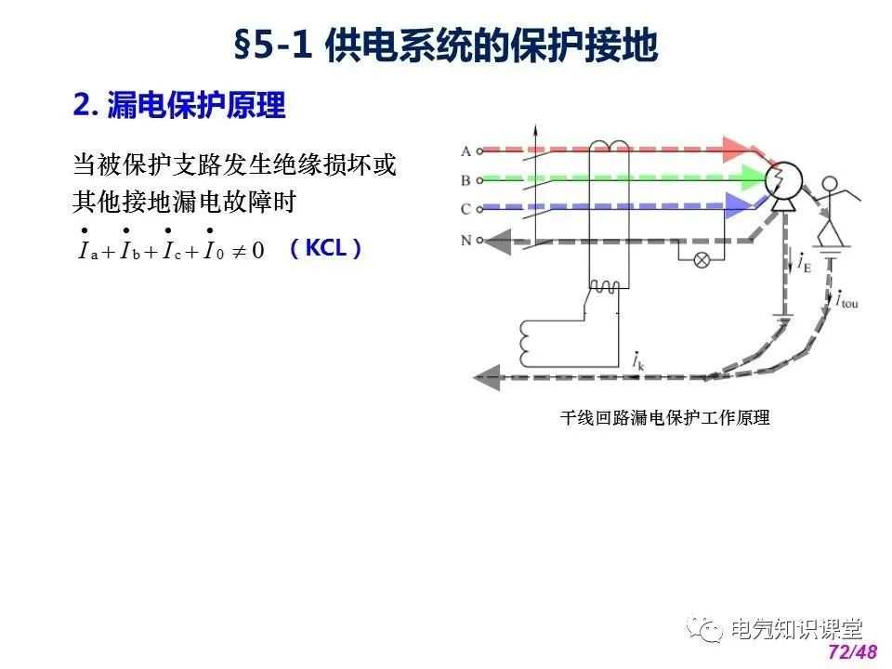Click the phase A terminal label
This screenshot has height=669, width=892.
pyautogui.click(x=466, y=151)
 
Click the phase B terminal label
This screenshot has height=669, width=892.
pyautogui.click(x=466, y=180)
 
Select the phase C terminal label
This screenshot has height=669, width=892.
pyautogui.click(x=466, y=209)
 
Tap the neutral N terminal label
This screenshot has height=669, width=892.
pyautogui.click(x=466, y=240)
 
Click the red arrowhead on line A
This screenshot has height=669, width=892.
pyautogui.click(x=738, y=149)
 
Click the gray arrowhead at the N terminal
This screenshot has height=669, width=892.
pyautogui.click(x=499, y=242)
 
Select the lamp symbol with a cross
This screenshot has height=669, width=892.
pyautogui.click(x=702, y=260)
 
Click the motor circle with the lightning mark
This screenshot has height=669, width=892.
pyautogui.click(x=783, y=181)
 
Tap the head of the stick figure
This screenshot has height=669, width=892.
pyautogui.click(x=831, y=184)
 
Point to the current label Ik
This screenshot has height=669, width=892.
pyautogui.click(x=638, y=361)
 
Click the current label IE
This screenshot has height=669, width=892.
pyautogui.click(x=804, y=262)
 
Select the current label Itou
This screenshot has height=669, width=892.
pyautogui.click(x=846, y=299)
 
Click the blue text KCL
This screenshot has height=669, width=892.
pyautogui.click(x=326, y=248)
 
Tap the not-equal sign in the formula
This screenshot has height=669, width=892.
pyautogui.click(x=239, y=250)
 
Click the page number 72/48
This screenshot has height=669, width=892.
pyautogui.click(x=853, y=652)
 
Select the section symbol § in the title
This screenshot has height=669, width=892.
pyautogui.click(x=242, y=46)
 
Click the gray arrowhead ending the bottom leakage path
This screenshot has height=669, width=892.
pyautogui.click(x=487, y=377)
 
